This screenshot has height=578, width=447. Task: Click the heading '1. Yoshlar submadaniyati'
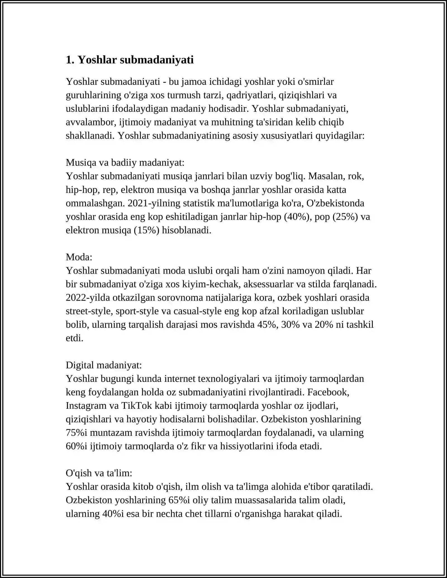130,60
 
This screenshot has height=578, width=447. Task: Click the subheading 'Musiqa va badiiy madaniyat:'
125,163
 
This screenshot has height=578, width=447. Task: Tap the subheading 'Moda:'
79,257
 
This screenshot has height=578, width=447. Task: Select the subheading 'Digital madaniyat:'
104,365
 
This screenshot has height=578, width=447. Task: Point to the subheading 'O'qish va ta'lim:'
99,473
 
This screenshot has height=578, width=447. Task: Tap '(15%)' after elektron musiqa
147,230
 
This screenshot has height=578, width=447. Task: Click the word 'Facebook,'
328,392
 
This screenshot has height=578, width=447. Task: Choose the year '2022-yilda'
88,298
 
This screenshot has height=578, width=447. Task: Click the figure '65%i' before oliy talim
179,500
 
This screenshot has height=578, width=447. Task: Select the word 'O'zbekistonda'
335,203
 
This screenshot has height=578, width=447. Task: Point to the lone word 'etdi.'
75,338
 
